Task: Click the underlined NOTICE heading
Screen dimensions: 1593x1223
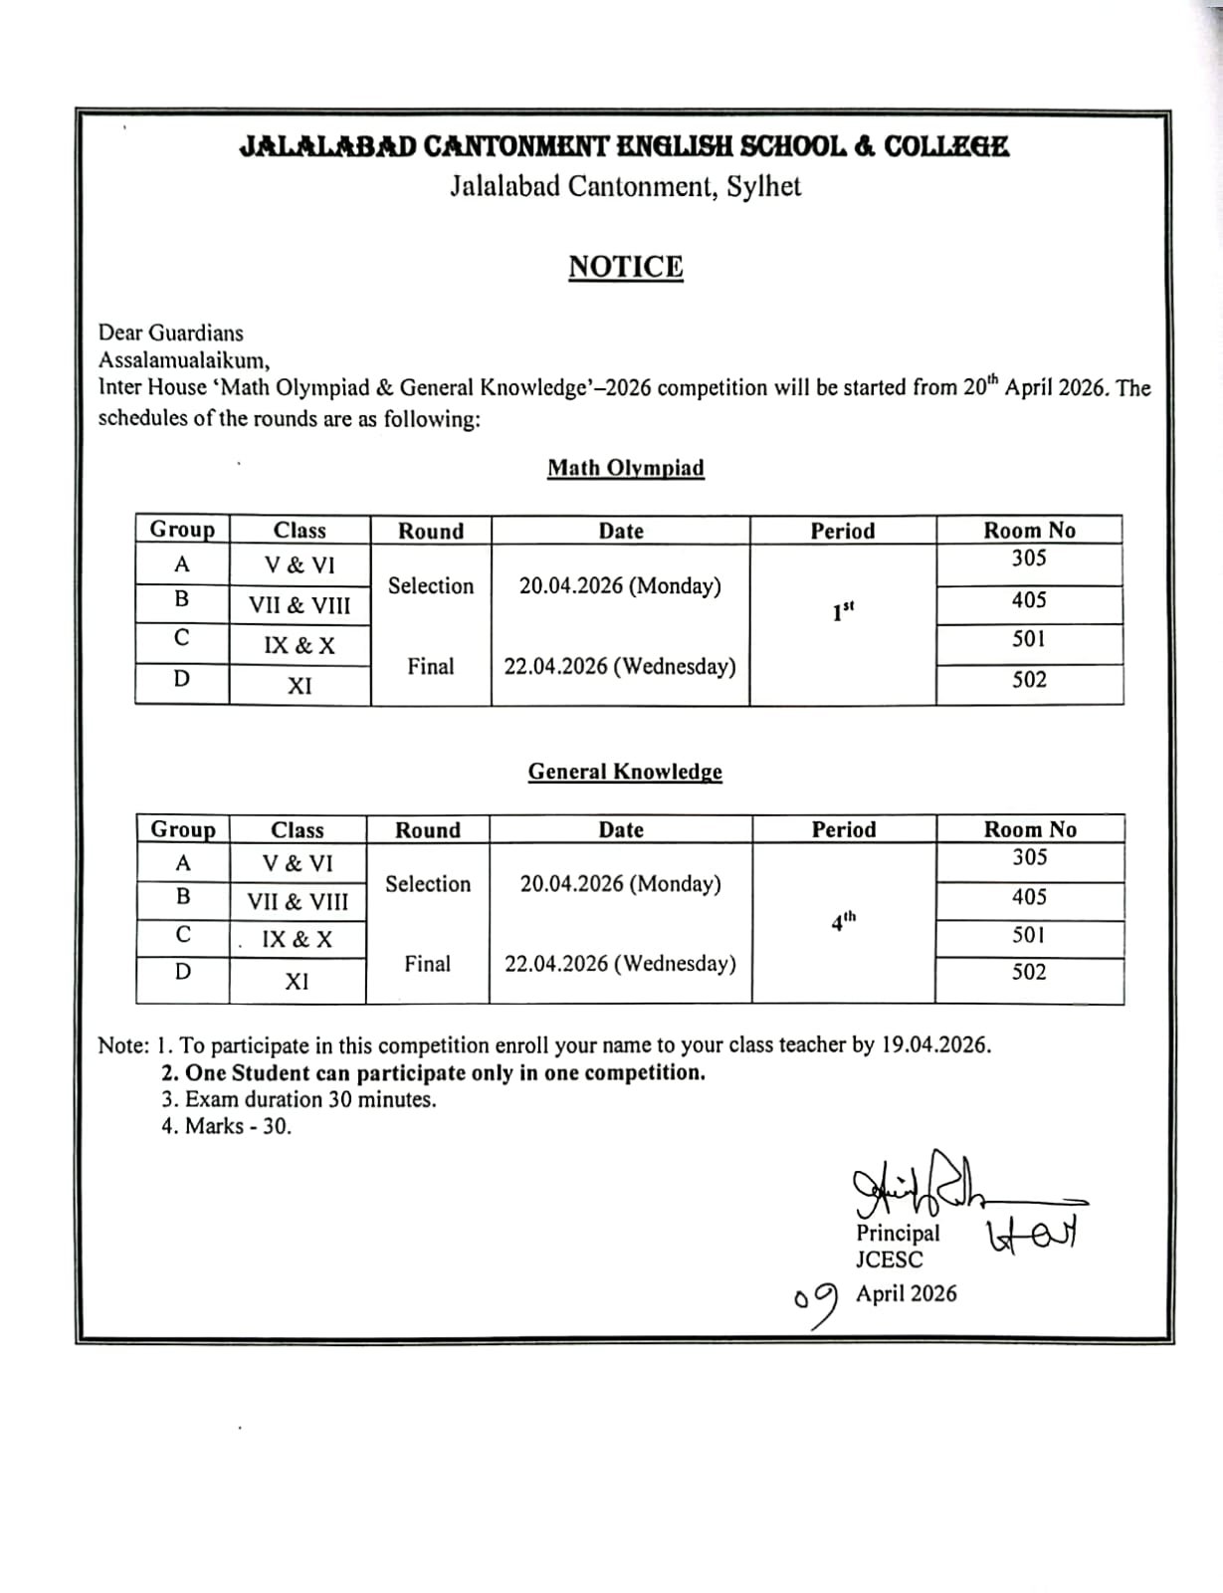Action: tap(626, 267)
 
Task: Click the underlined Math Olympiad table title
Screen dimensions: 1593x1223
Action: tap(626, 468)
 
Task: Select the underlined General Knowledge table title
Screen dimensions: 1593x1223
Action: tap(625, 772)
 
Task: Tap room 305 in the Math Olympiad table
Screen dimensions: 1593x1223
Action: tap(1029, 559)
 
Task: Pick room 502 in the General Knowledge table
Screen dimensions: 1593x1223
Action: tap(1029, 972)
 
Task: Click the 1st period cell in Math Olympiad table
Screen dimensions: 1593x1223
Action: tap(843, 611)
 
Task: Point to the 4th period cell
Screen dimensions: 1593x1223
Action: tap(843, 921)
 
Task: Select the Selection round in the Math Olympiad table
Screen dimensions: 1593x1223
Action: tap(431, 585)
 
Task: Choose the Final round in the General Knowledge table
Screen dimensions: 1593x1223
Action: tap(428, 964)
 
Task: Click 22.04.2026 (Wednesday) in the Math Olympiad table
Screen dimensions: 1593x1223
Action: tap(620, 666)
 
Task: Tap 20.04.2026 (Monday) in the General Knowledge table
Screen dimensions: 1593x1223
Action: tap(621, 883)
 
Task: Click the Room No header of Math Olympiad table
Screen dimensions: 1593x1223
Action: tap(1029, 531)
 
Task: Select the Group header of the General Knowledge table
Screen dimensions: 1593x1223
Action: tap(183, 829)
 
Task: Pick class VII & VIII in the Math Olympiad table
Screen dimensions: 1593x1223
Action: tap(300, 605)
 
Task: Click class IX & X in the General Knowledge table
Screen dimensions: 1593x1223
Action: tap(297, 939)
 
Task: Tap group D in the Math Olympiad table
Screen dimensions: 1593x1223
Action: tap(181, 679)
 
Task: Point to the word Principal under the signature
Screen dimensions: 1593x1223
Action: tap(898, 1233)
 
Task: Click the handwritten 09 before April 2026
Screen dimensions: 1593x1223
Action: tap(816, 1304)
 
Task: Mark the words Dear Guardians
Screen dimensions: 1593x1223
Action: tap(170, 333)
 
